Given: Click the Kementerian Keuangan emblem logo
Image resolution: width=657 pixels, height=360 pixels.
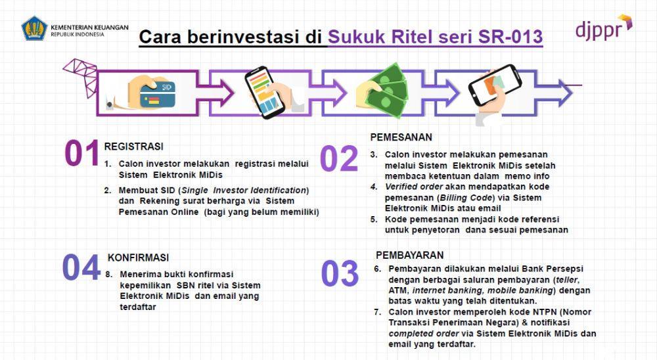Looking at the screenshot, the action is coord(34,28).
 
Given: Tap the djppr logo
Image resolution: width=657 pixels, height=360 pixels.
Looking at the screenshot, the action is coord(604,28).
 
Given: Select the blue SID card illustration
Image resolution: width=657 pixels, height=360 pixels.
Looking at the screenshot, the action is coord(158,94).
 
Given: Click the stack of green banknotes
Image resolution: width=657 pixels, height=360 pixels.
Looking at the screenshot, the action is coord(386,90).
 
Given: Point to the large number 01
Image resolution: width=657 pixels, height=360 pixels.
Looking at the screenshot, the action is coord(81,153).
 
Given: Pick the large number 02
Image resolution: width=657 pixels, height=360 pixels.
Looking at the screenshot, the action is coord(339,158).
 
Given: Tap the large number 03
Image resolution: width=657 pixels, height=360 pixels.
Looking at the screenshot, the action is coord(340,274).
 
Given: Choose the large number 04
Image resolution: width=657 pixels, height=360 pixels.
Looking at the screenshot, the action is coord(81,267).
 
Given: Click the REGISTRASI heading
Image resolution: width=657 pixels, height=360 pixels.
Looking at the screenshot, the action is coord(133,146).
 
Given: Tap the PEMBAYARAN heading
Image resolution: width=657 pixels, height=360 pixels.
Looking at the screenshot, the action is coord(409,256).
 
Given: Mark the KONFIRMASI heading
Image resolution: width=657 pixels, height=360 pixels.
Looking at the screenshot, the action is coord(138,258).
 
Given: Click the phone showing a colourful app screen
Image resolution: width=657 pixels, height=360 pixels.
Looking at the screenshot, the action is coord(264,92).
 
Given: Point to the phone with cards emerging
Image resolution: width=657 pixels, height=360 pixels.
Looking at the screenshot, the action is coord(495,86).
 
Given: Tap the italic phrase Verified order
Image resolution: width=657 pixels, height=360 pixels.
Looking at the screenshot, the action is coord(413,187).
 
